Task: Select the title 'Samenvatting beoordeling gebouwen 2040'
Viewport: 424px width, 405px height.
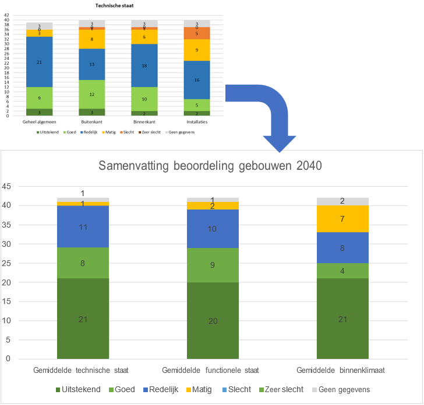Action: pyautogui.click(x=211, y=165)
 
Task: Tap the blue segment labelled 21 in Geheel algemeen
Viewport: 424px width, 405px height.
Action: pyautogui.click(x=39, y=61)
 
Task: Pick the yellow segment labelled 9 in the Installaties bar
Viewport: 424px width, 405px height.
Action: pyautogui.click(x=197, y=50)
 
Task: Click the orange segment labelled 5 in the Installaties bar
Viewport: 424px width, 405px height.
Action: pyautogui.click(x=197, y=33)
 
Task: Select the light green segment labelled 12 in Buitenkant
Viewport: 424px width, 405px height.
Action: pyautogui.click(x=92, y=94)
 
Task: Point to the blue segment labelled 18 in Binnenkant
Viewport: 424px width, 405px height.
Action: pyautogui.click(x=144, y=66)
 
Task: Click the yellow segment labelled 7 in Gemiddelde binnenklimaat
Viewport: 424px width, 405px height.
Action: pyautogui.click(x=342, y=219)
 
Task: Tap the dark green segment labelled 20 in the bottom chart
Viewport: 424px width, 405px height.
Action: pyautogui.click(x=213, y=320)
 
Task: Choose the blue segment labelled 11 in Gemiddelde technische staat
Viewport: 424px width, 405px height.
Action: pyautogui.click(x=83, y=226)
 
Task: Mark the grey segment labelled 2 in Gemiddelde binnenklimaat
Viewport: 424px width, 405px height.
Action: pyautogui.click(x=342, y=201)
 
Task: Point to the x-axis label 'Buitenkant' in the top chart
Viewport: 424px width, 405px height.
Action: pyautogui.click(x=92, y=123)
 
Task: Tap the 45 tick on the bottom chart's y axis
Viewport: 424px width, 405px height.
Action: pyautogui.click(x=6, y=187)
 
